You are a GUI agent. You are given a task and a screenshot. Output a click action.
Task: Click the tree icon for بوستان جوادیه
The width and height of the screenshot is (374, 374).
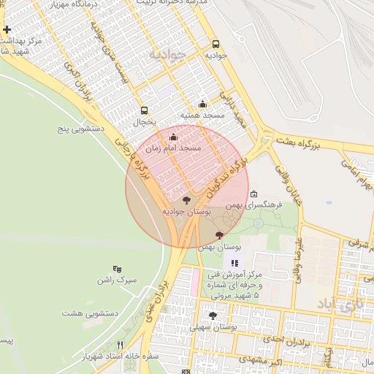pos(186,199)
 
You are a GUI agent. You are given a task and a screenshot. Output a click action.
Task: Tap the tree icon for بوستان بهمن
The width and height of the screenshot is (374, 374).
pos(220,234)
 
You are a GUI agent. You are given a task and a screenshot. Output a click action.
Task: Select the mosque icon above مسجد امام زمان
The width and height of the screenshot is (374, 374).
pos(173,137)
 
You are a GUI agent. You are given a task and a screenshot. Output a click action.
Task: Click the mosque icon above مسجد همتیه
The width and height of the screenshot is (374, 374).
pos(202,104)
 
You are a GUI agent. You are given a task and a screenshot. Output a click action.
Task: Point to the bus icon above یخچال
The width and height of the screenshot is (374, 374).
pos(144,111)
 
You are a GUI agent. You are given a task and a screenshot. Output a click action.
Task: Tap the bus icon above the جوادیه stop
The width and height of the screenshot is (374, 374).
pos(216,44)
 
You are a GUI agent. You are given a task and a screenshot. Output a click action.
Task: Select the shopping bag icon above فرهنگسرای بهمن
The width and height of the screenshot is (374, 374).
pos(253,194)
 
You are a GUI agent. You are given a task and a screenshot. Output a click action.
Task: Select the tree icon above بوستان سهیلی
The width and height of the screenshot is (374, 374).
pos(213,316)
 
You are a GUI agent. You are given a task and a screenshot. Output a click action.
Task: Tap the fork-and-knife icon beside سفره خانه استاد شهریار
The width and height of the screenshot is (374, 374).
pos(120,345)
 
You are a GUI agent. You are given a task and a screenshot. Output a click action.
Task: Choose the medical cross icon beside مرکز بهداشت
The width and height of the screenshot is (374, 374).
pos(7,30)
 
